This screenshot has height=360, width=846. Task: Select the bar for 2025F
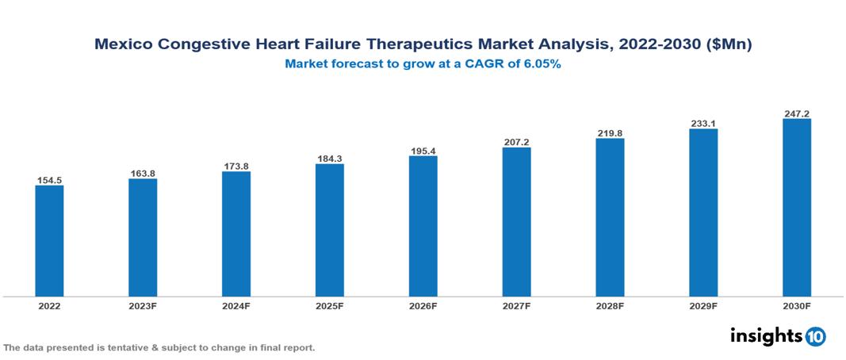(x=329, y=230)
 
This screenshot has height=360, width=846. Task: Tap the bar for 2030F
(x=796, y=208)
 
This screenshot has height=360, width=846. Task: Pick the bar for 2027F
(x=516, y=222)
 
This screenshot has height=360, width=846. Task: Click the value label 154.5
(x=49, y=181)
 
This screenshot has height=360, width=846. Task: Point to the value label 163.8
(x=143, y=174)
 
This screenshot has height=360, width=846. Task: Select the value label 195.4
(x=423, y=151)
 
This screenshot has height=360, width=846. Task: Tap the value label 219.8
(x=610, y=133)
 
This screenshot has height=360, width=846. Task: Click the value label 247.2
(x=796, y=114)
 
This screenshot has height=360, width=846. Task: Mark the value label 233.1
(x=703, y=124)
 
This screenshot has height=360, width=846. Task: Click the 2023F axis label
(x=143, y=305)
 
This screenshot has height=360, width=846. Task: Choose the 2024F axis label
(x=236, y=305)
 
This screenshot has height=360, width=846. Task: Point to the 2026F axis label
(x=423, y=305)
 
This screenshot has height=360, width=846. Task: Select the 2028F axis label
(x=610, y=305)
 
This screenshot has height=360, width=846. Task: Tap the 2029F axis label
(x=703, y=305)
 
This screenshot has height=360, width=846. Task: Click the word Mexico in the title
(x=121, y=45)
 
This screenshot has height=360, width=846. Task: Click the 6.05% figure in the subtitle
(x=540, y=64)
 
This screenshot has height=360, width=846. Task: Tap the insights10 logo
(x=777, y=336)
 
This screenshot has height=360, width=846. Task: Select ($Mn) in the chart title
(x=728, y=45)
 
